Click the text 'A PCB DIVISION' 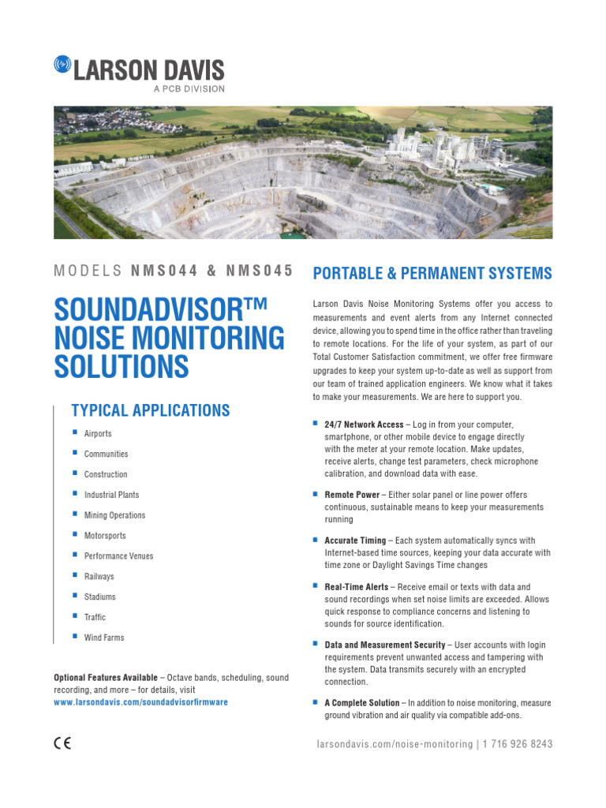pos(188,88)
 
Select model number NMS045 pos(260,271)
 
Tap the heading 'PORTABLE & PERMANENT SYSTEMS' pos(432,274)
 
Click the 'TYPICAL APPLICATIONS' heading pos(150,410)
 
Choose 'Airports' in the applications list pos(98,434)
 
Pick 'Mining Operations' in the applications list pos(114,515)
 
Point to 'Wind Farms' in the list pos(104,638)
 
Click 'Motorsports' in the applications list pos(105,536)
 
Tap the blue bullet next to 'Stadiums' pos(74,596)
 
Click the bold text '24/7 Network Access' pos(364,425)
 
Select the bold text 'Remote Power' pos(352,495)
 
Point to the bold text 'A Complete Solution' pos(362,703)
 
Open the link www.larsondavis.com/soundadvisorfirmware pos(140,702)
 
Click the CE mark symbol pos(62,743)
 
